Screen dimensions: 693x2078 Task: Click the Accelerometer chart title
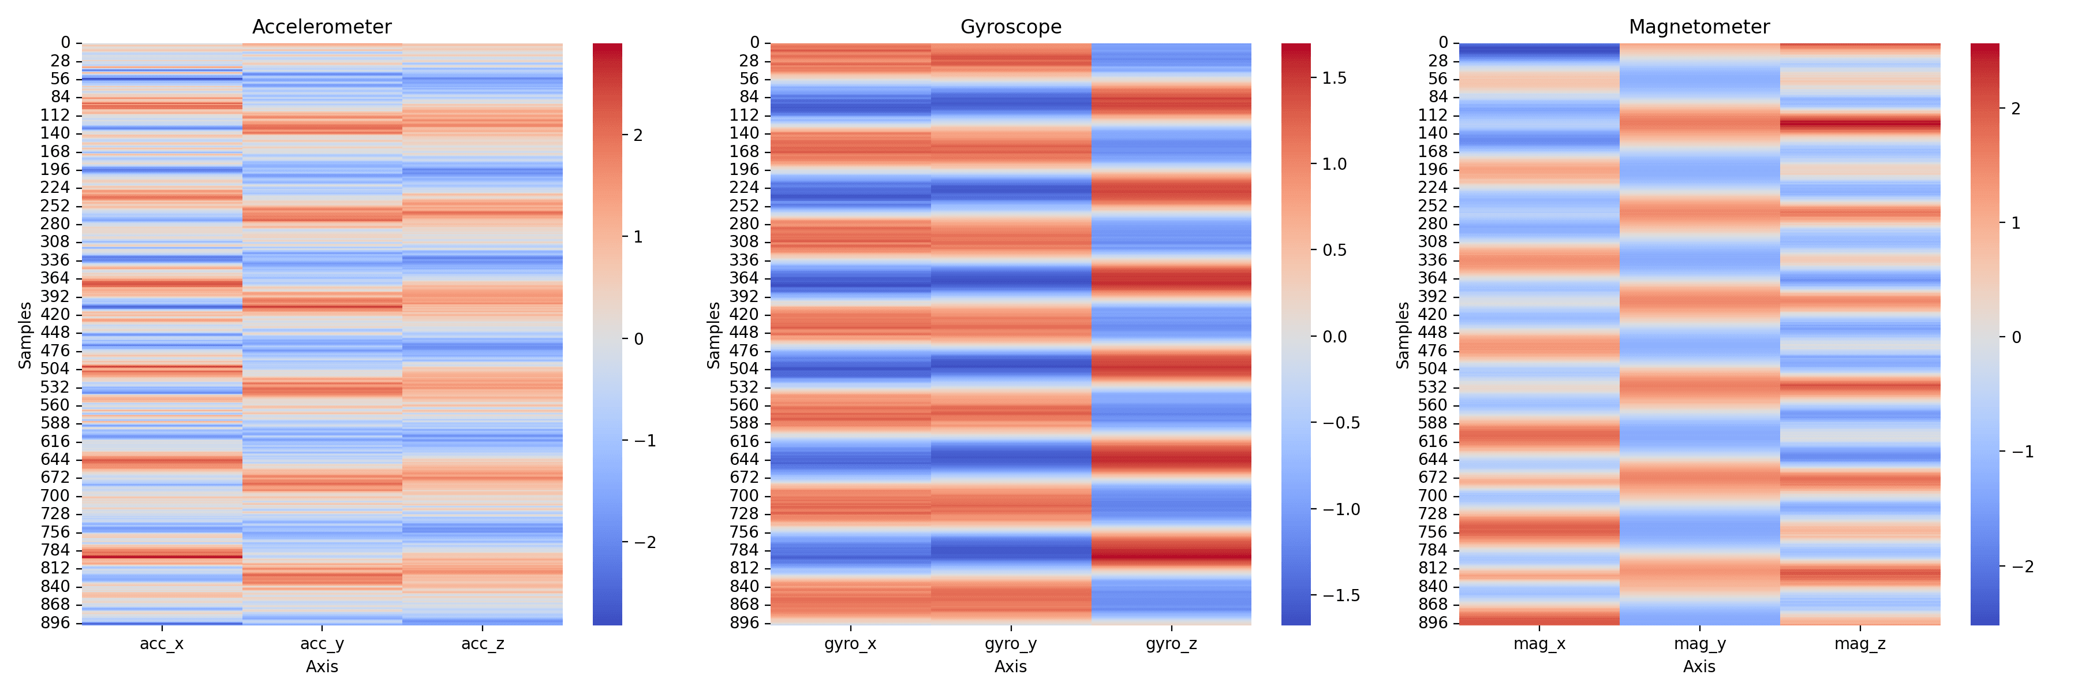pyautogui.click(x=322, y=27)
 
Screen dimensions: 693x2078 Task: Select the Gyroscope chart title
pyautogui.click(x=1010, y=27)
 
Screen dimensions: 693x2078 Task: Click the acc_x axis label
pyautogui.click(x=162, y=644)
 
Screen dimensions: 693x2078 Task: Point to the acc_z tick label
pyautogui.click(x=483, y=644)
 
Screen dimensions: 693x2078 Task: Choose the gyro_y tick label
pyautogui.click(x=1010, y=644)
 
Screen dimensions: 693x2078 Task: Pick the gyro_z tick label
pyautogui.click(x=1171, y=644)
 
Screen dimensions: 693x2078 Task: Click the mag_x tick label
pyautogui.click(x=1539, y=644)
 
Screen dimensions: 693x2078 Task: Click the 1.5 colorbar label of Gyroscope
pyautogui.click(x=1334, y=79)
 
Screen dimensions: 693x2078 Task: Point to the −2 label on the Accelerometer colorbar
pyautogui.click(x=645, y=543)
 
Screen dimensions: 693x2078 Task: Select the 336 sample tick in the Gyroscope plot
pyautogui.click(x=744, y=260)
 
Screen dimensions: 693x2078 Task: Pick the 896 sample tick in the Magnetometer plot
pyautogui.click(x=1433, y=623)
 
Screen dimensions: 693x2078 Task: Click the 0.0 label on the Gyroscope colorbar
pyautogui.click(x=1334, y=337)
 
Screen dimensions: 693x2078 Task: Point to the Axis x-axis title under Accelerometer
pyautogui.click(x=322, y=667)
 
